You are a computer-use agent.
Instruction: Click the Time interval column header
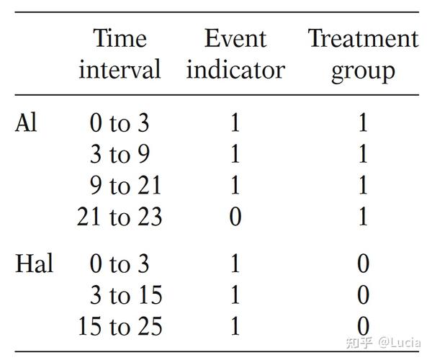(x=120, y=54)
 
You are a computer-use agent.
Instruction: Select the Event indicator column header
(x=235, y=54)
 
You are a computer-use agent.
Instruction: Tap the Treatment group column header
(x=363, y=54)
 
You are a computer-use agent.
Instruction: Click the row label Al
(x=26, y=123)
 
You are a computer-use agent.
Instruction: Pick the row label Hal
(x=34, y=264)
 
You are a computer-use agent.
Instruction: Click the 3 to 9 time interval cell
(x=120, y=155)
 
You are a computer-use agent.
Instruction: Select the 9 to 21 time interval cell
(x=120, y=186)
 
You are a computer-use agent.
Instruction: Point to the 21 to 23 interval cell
(x=120, y=217)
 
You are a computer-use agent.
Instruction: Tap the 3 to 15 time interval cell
(x=120, y=295)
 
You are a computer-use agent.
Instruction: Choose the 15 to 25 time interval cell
(x=120, y=326)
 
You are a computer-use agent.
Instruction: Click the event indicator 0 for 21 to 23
(x=235, y=217)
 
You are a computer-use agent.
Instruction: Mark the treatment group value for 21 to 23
(x=363, y=217)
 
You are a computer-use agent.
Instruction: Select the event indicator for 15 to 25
(x=235, y=326)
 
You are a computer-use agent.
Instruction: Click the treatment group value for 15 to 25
(x=363, y=326)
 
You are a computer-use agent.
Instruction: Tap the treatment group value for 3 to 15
(x=363, y=295)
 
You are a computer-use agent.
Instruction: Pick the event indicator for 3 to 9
(x=235, y=155)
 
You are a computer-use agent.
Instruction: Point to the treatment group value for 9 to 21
(x=363, y=186)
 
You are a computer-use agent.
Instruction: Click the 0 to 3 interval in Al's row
(x=120, y=124)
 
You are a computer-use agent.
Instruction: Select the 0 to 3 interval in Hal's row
(x=120, y=264)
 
